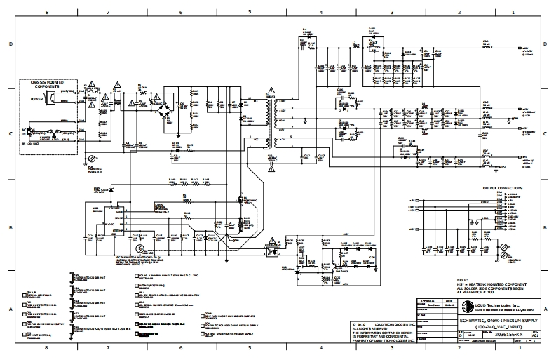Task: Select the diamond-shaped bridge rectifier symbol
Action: point(166,109)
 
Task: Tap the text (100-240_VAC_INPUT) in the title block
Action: point(498,327)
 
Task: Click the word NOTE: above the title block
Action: point(462,279)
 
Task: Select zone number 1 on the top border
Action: point(515,12)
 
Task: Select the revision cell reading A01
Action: point(536,336)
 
